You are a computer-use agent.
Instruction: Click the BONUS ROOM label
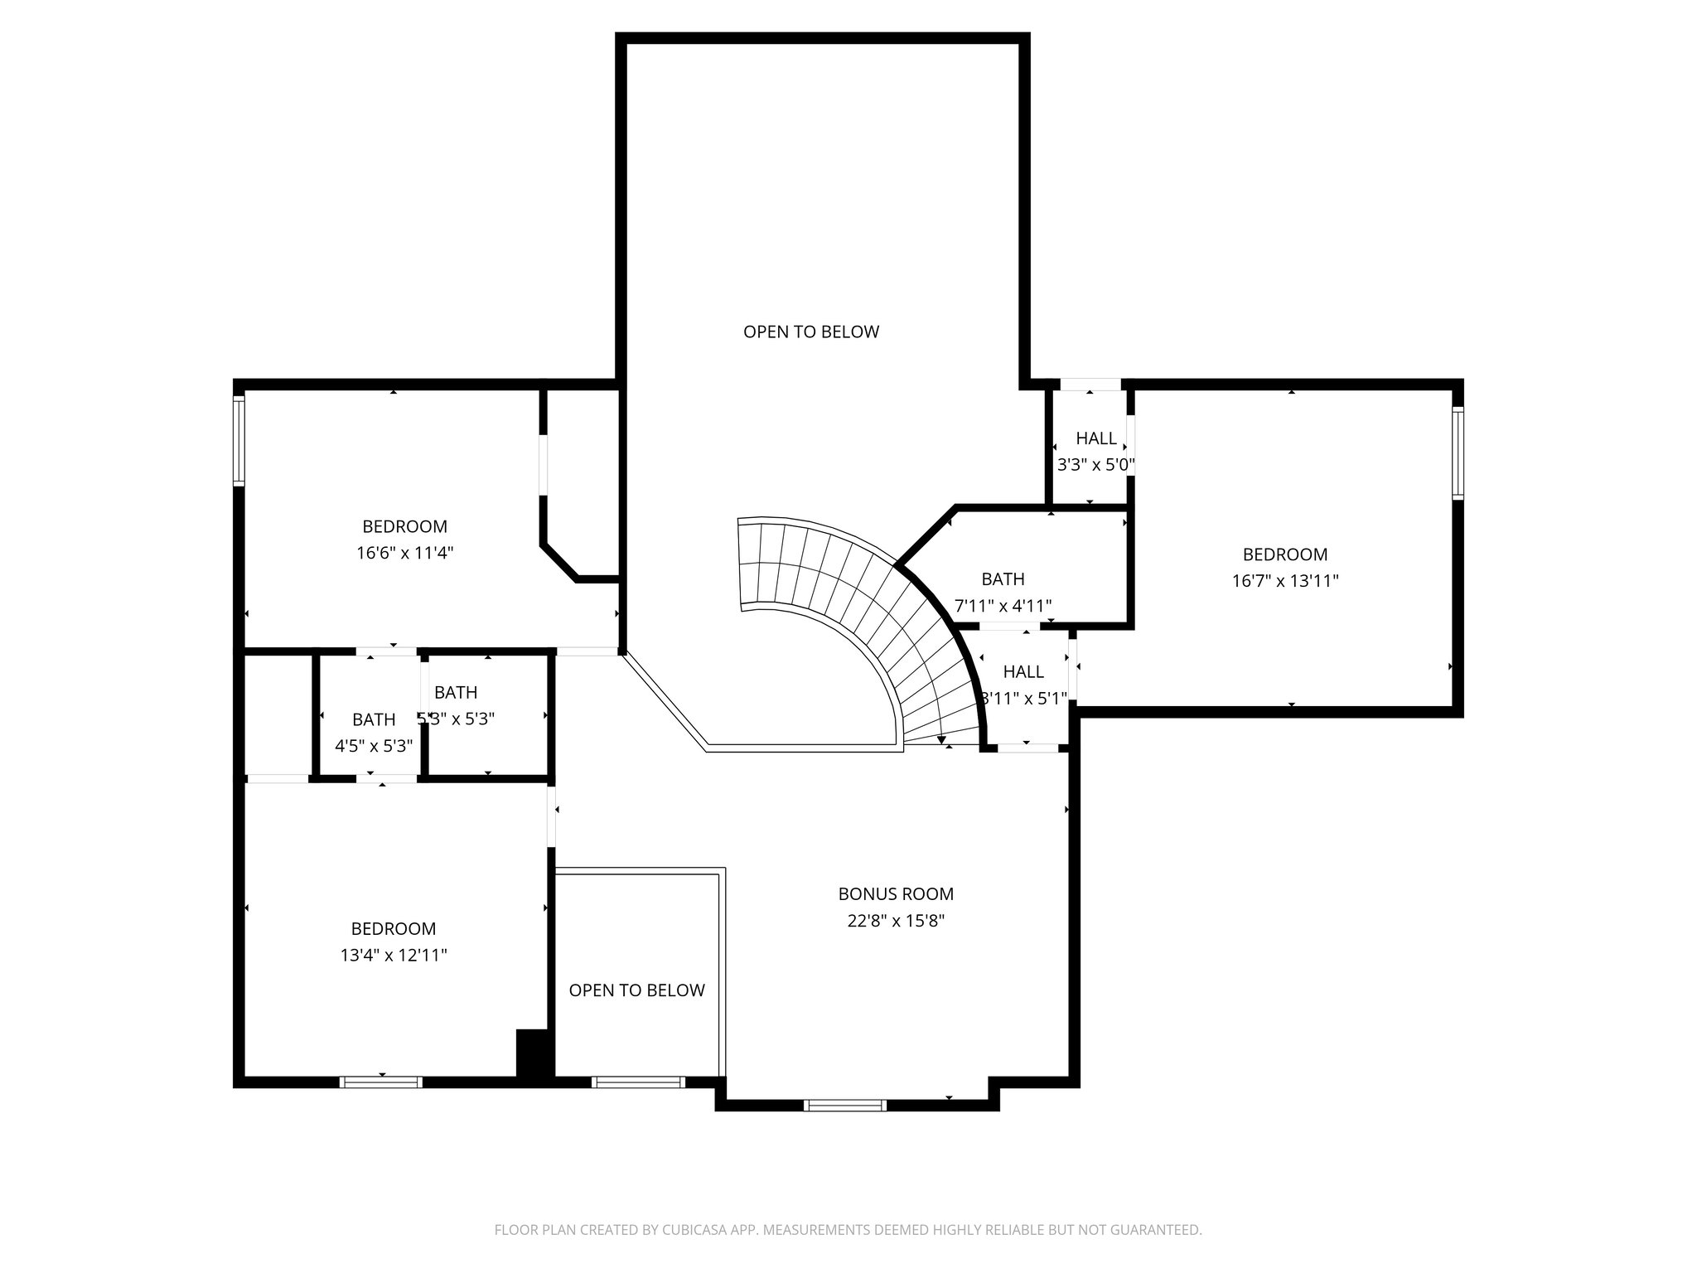896,894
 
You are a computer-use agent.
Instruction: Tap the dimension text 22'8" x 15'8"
896,921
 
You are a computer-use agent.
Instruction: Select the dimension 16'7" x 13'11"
1284,581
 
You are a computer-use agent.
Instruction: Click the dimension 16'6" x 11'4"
405,553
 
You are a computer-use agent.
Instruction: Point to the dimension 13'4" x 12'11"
394,956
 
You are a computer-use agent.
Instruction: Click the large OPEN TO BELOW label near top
810,332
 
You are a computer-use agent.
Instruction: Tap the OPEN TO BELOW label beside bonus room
636,990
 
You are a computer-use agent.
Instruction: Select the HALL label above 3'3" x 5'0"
1096,439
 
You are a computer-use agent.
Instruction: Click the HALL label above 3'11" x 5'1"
1023,672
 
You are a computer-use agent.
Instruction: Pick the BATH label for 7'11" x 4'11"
1003,579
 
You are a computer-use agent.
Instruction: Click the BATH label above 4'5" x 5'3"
374,720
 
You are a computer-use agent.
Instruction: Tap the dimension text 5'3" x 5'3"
457,719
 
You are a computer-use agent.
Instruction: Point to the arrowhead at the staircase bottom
942,740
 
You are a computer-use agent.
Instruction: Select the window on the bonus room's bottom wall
845,1105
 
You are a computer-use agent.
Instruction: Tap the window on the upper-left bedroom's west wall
239,440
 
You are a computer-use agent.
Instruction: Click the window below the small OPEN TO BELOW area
638,1082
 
